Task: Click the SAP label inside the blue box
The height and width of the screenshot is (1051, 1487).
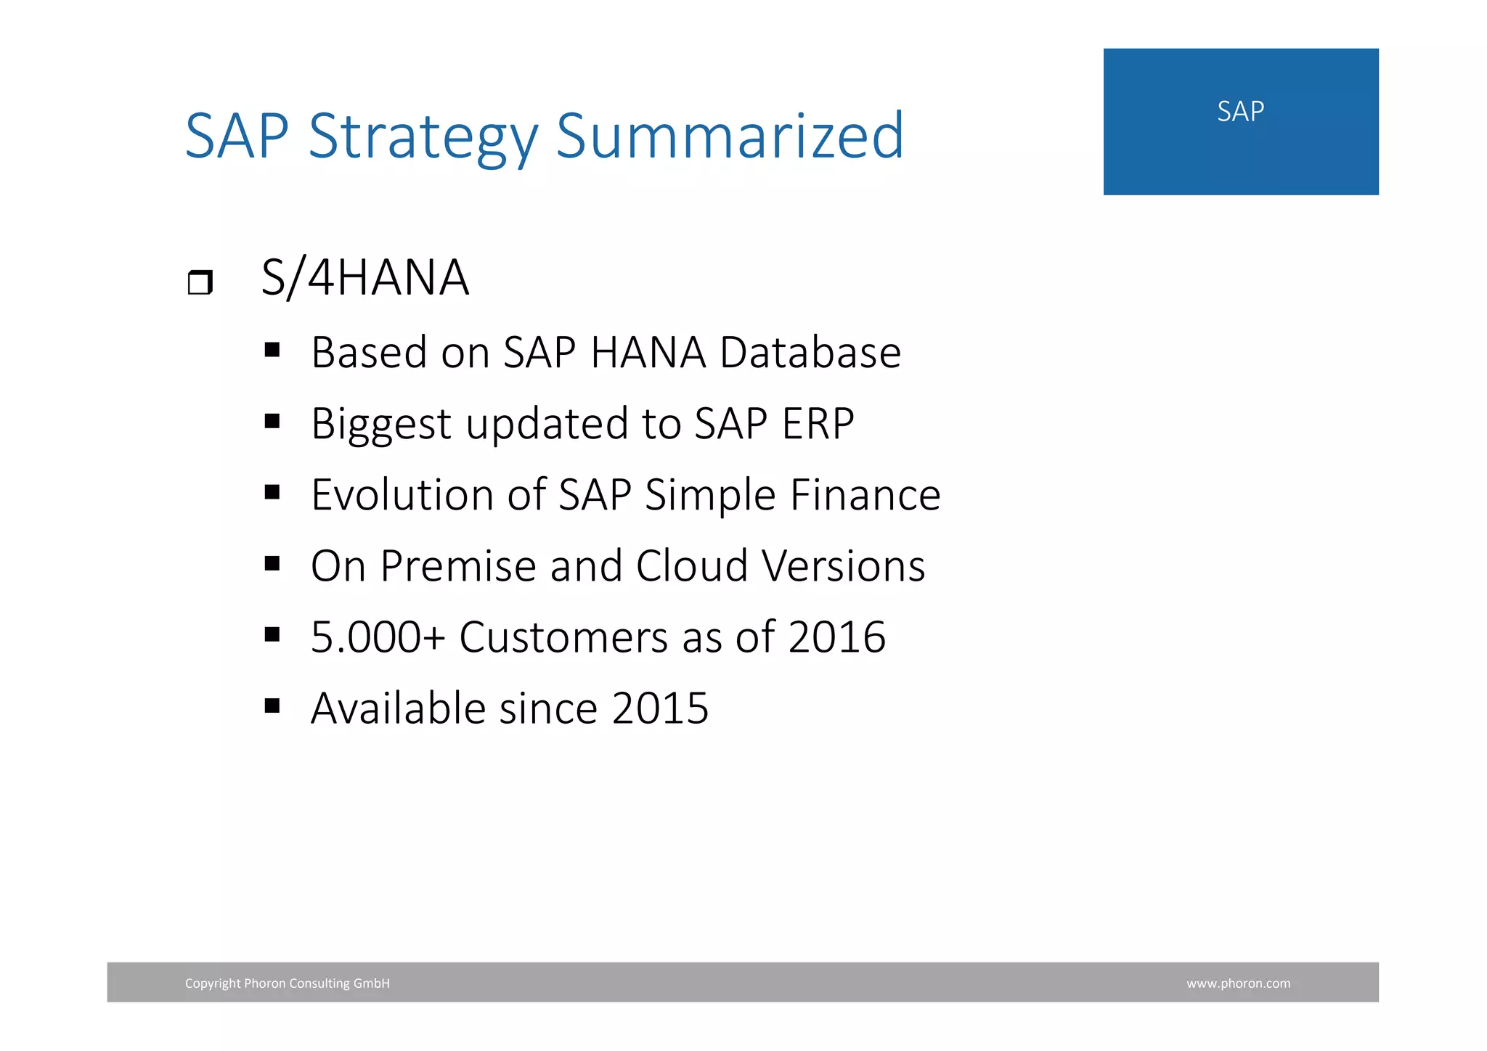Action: click(1240, 112)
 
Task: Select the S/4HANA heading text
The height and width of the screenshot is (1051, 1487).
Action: click(365, 278)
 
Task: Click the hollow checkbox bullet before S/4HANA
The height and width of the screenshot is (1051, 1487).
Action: click(200, 282)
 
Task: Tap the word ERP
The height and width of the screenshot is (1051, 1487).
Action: click(818, 424)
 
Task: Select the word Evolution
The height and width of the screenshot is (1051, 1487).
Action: click(402, 495)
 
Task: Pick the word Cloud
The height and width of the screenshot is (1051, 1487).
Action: click(691, 566)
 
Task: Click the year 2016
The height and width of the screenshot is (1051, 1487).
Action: click(836, 637)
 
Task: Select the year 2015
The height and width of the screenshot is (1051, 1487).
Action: click(659, 708)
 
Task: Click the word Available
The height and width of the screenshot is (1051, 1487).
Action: click(398, 708)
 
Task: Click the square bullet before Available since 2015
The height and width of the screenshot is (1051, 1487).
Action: click(272, 706)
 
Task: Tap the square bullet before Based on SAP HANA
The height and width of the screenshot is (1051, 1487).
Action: click(272, 351)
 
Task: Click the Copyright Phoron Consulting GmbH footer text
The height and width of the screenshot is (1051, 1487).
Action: click(287, 983)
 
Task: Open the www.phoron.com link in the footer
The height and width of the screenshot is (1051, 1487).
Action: click(1238, 983)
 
